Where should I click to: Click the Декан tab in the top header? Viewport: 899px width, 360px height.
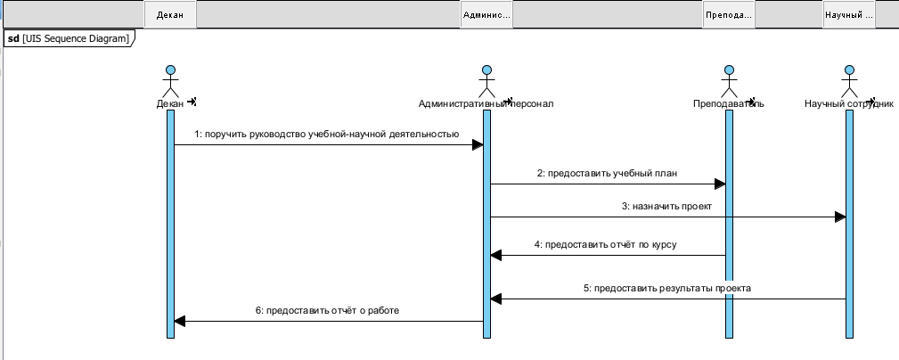[x=169, y=15]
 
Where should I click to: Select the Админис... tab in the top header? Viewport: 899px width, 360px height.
[x=486, y=15]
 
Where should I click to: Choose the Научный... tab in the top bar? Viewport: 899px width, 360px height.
[x=849, y=15]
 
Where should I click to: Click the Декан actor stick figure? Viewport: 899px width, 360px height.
[x=169, y=81]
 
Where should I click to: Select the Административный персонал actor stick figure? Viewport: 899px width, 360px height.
[x=486, y=81]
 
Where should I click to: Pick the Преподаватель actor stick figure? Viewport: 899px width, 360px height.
[x=729, y=81]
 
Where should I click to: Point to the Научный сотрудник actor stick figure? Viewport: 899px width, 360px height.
[x=849, y=81]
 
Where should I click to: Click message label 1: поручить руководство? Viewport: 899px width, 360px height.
[x=327, y=135]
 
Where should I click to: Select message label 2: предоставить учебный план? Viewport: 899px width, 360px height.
[x=608, y=174]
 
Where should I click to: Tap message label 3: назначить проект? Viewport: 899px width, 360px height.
[x=666, y=206]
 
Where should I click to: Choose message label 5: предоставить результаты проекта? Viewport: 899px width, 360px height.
[x=666, y=288]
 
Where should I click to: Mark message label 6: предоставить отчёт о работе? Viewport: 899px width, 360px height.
[x=327, y=310]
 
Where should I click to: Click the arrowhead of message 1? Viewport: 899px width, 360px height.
[x=478, y=144]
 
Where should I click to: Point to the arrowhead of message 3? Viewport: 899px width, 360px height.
[x=839, y=217]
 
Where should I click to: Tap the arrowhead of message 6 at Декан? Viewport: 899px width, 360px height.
[x=179, y=321]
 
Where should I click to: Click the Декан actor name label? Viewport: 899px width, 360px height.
[x=169, y=103]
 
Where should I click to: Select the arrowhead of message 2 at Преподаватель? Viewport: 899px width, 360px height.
[x=720, y=184]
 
